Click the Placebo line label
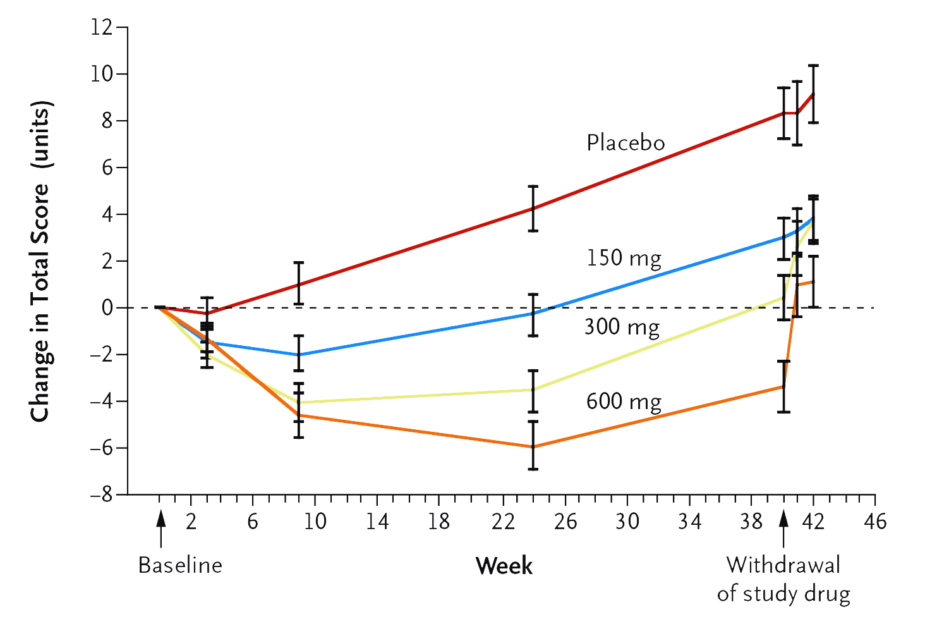626,143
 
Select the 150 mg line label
624,259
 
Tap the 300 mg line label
622,328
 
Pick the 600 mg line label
624,402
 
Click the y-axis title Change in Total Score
40,261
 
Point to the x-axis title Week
504,565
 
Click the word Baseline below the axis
180,565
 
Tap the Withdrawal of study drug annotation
783,579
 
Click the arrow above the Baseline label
161,527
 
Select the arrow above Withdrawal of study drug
783,527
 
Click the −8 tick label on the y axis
101,495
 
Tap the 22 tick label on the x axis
503,522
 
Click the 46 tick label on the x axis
875,522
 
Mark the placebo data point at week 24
533,208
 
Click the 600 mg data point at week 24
533,446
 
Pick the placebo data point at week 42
813,94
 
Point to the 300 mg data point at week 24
533,390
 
